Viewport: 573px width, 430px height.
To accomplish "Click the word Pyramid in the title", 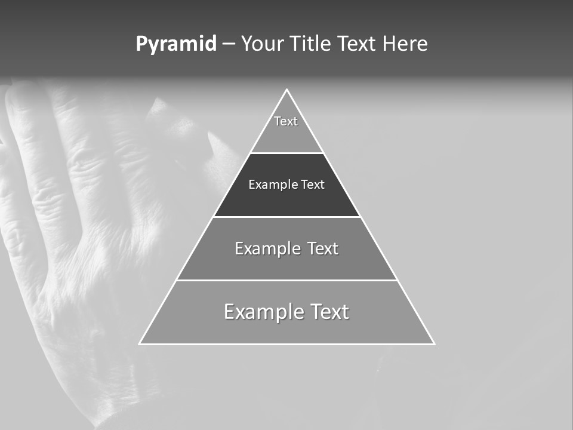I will point(175,44).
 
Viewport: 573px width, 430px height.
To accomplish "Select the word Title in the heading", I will point(311,44).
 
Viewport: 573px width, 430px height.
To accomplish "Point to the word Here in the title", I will point(405,44).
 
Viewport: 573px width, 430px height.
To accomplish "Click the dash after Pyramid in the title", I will point(229,45).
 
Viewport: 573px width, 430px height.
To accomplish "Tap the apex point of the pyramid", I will point(286,90).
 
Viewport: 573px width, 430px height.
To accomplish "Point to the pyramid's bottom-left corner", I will point(140,343).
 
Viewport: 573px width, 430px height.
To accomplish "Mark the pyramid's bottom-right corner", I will point(434,343).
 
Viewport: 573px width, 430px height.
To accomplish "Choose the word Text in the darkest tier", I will point(313,185).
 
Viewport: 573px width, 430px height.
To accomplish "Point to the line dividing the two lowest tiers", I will point(286,280).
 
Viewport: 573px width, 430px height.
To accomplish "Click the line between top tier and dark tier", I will point(286,153).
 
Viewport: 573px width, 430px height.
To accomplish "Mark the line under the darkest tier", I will point(286,217).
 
